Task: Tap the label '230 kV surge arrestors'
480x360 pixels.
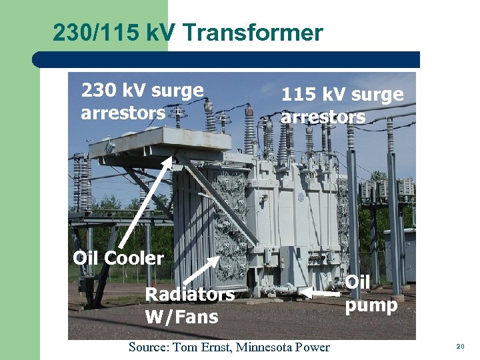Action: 141,101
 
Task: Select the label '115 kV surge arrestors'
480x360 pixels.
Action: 342,105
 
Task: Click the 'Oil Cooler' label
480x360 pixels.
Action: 118,258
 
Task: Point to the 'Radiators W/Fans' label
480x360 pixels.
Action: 189,305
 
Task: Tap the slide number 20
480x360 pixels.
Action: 459,347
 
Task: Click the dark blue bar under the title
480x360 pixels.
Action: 227,60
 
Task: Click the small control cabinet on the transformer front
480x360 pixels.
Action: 293,263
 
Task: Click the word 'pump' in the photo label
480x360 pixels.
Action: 371,305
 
